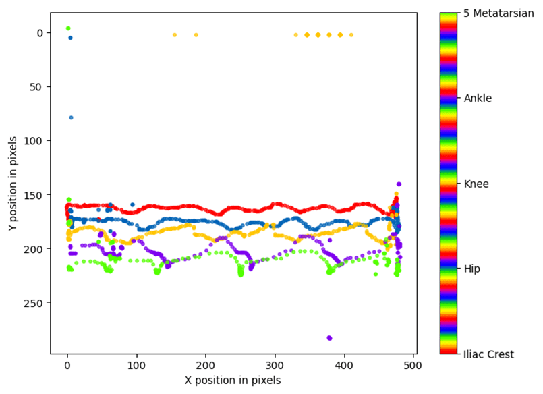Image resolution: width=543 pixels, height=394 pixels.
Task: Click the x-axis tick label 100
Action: (x=136, y=364)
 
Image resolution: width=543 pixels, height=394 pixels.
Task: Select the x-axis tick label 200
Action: (x=206, y=364)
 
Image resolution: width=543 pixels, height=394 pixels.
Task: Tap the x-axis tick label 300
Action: (x=275, y=364)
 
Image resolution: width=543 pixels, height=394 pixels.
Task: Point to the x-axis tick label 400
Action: (x=344, y=364)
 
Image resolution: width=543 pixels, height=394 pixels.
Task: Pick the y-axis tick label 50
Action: (x=38, y=87)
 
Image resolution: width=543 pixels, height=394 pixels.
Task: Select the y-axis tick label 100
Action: (x=36, y=141)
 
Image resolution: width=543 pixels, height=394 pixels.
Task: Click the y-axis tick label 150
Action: (x=36, y=195)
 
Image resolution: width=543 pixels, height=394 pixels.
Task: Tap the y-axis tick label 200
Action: (x=36, y=249)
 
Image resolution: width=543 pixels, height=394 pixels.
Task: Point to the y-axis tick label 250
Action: (x=36, y=303)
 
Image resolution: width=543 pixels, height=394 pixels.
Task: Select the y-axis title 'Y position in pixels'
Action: (x=13, y=183)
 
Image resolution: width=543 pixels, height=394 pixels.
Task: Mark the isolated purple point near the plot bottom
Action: (x=329, y=338)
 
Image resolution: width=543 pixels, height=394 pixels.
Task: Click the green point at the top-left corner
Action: (x=68, y=28)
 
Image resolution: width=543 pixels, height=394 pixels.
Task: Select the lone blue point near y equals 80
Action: (x=71, y=118)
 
